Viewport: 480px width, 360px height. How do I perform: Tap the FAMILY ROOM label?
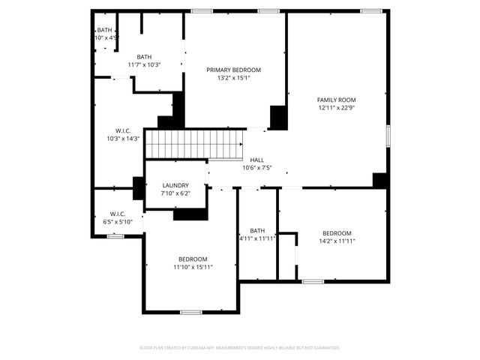(336, 100)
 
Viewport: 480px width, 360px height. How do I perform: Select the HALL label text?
(256, 160)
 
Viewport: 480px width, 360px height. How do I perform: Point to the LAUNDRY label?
(175, 185)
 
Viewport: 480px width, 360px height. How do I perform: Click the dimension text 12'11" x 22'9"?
(336, 108)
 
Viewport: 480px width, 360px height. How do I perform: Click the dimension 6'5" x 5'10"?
(118, 222)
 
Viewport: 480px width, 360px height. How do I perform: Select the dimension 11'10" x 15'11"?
(193, 267)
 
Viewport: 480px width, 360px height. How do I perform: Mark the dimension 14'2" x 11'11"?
(337, 241)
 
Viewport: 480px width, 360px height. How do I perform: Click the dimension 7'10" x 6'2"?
(175, 193)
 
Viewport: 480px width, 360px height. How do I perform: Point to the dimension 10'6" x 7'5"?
(256, 168)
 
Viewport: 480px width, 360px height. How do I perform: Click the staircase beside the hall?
(193, 143)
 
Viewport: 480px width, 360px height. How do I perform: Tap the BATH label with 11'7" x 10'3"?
(144, 57)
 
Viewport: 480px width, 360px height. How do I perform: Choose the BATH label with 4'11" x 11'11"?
(257, 230)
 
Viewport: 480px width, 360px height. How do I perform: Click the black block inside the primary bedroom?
(278, 117)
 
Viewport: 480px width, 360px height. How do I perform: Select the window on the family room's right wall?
(388, 135)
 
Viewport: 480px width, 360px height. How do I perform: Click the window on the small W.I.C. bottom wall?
(115, 236)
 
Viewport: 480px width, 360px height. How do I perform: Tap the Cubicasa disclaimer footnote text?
(240, 348)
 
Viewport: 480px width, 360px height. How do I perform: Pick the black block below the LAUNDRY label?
(190, 214)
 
